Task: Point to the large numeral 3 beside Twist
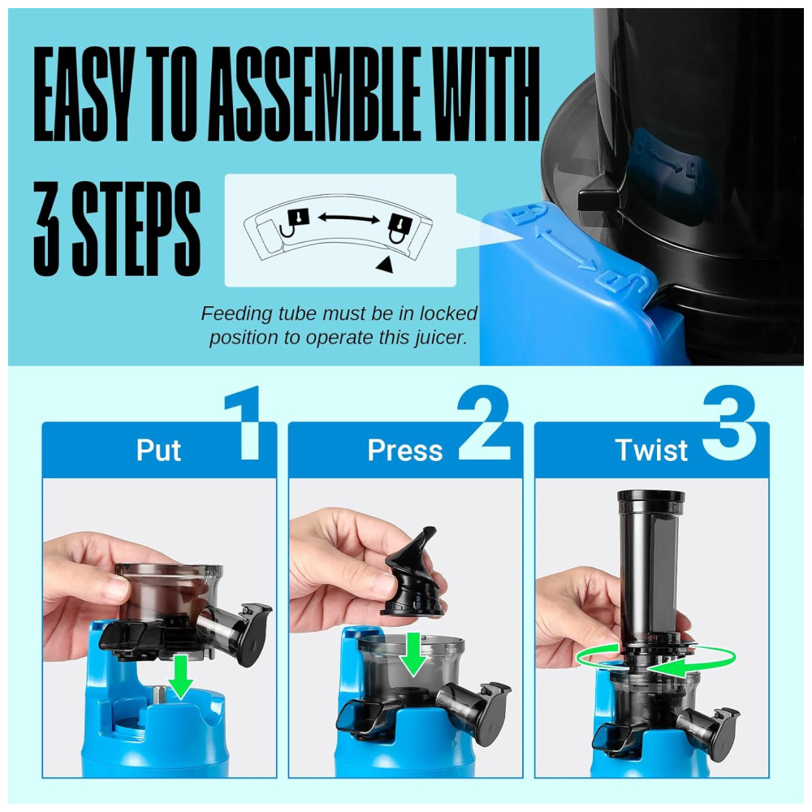pos(730,423)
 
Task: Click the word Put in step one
pos(158,450)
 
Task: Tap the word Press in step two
pos(405,450)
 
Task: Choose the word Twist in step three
pos(651,450)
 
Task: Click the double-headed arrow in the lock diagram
pos(348,218)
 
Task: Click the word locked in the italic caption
pos(448,313)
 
